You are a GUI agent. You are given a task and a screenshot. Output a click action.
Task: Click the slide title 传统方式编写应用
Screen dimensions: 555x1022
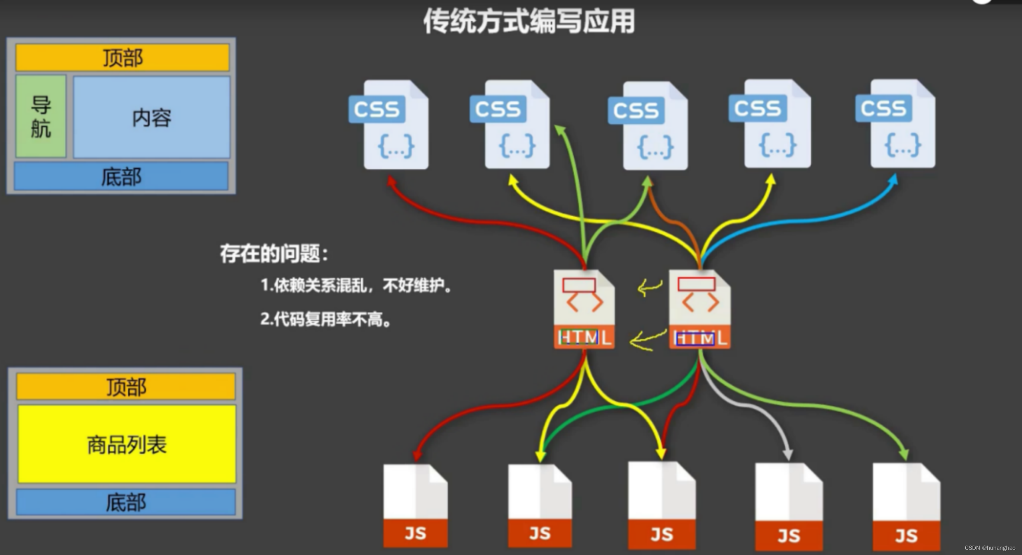coord(529,22)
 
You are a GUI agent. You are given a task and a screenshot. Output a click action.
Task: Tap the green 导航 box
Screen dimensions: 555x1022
coord(41,117)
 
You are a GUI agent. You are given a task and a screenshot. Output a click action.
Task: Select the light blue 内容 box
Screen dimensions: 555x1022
coord(152,117)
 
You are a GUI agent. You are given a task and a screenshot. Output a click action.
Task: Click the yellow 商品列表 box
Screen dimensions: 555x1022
coord(127,444)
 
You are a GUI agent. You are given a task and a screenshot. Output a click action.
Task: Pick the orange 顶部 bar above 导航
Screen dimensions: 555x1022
coord(123,58)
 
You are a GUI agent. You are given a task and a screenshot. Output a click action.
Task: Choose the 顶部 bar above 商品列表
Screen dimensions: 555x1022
coord(126,387)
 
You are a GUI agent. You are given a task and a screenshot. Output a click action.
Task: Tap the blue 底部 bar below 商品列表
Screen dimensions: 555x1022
coord(126,502)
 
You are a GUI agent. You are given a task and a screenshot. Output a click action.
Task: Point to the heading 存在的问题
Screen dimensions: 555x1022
coord(274,254)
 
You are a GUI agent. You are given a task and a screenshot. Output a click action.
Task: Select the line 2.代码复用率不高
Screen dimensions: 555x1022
coord(325,319)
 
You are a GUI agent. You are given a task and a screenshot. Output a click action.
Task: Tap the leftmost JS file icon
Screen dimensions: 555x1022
coord(415,506)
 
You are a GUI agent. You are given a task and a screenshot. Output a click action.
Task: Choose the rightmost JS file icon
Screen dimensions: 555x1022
coord(906,507)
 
